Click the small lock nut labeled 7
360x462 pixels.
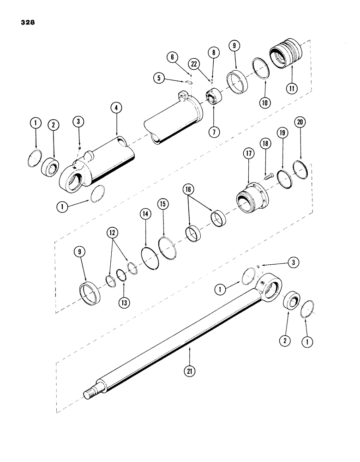pyautogui.click(x=213, y=99)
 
